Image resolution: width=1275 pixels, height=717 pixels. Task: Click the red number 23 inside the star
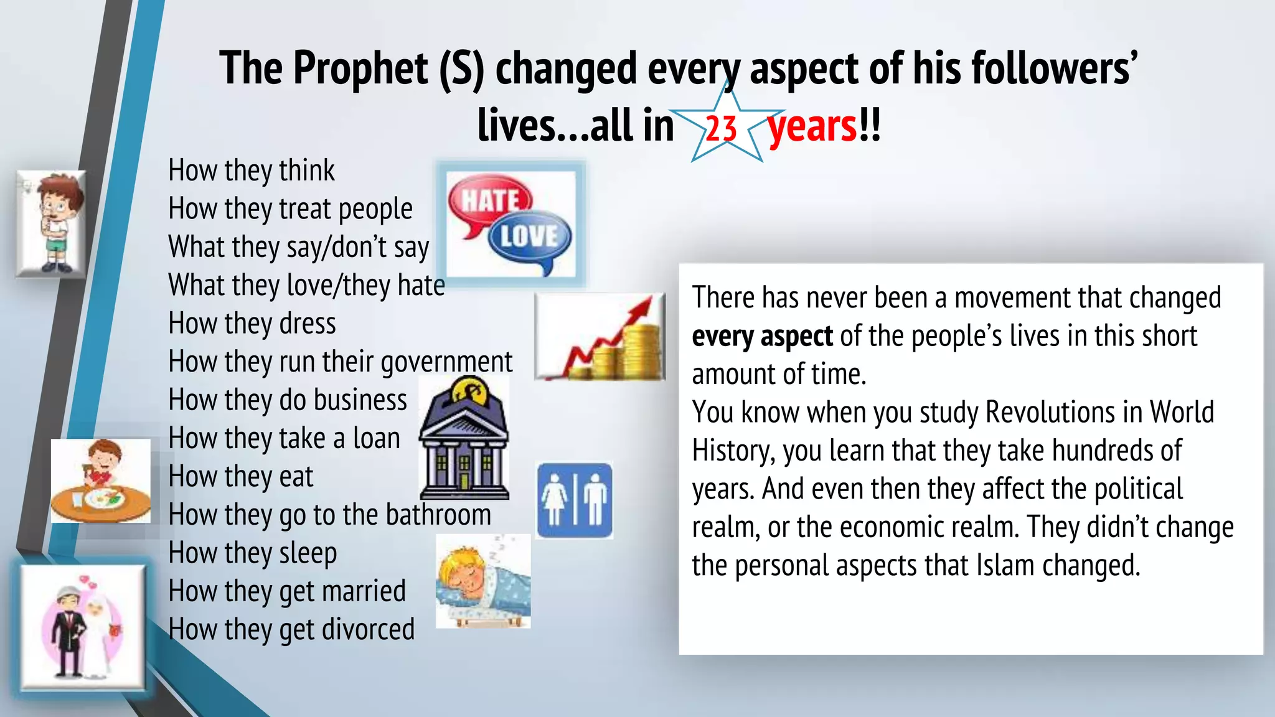(x=721, y=129)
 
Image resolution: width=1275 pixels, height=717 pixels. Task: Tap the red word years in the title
(x=812, y=126)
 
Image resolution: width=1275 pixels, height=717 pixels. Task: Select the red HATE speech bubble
(x=489, y=200)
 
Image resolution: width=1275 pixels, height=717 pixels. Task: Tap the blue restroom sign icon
(x=574, y=500)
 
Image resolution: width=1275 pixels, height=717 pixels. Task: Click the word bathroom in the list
(x=438, y=515)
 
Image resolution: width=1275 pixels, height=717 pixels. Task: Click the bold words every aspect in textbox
(x=761, y=337)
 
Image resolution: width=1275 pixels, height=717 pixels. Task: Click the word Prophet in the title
(x=360, y=68)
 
